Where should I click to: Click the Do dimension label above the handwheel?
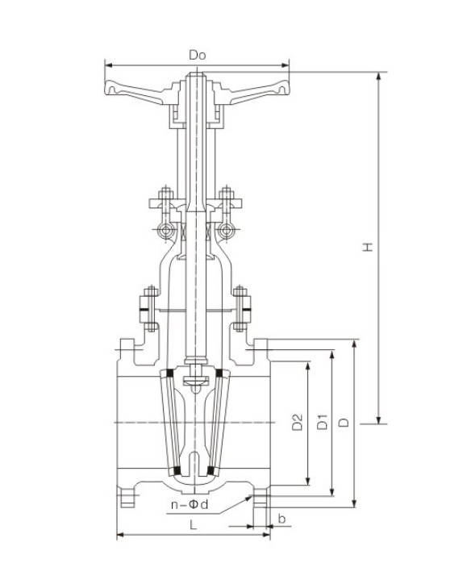pyautogui.click(x=198, y=55)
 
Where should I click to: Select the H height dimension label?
pyautogui.click(x=367, y=247)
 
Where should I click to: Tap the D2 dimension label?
pyautogui.click(x=297, y=422)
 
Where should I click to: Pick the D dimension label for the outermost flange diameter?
pyautogui.click(x=344, y=422)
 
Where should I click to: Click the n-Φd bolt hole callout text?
pyautogui.click(x=190, y=505)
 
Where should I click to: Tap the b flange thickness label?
pyautogui.click(x=281, y=516)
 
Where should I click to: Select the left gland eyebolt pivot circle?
pyautogui.click(x=167, y=232)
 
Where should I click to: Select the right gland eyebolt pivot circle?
pyautogui.click(x=227, y=232)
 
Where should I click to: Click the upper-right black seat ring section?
pyautogui.click(x=222, y=373)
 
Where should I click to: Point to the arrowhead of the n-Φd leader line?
pyautogui.click(x=247, y=495)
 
